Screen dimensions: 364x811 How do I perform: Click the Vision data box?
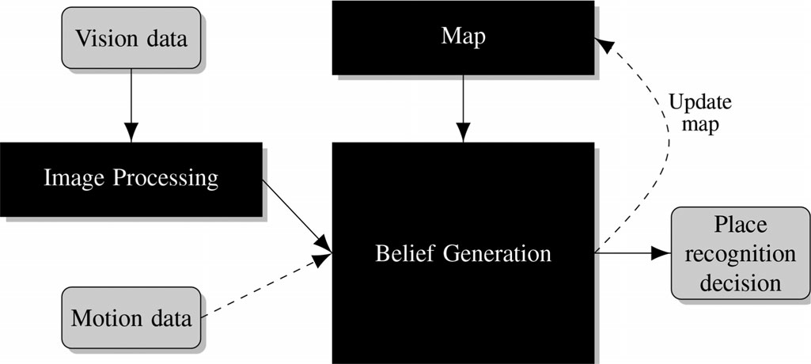click(131, 37)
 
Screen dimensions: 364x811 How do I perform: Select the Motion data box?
click(131, 318)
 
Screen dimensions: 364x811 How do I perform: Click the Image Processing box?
click(131, 179)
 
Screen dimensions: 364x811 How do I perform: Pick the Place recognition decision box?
click(741, 253)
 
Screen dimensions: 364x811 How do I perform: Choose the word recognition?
click(741, 253)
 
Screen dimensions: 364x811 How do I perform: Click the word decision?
click(741, 282)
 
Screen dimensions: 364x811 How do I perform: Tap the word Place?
click(741, 226)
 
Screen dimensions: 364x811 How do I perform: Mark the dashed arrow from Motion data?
click(265, 286)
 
